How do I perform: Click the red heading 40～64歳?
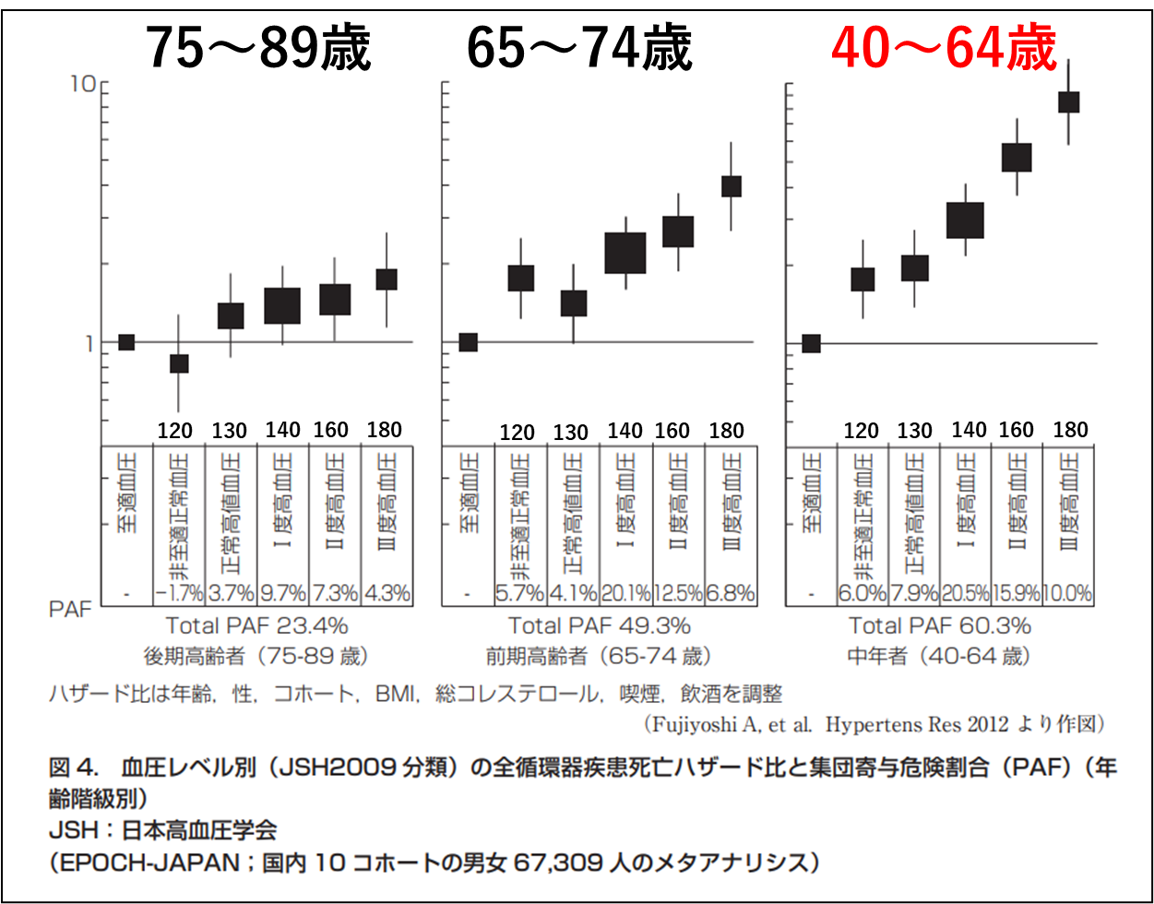[943, 49]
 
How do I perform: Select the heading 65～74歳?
[578, 49]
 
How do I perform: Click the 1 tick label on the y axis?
[89, 342]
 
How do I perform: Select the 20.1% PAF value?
[625, 593]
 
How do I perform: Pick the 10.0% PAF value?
[1068, 593]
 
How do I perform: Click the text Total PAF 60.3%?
[939, 626]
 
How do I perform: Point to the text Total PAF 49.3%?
[599, 626]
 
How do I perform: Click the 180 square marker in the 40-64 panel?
[1068, 101]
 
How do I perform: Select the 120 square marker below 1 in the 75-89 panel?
[178, 363]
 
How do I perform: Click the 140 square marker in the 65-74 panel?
[625, 253]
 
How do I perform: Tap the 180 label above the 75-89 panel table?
[385, 430]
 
